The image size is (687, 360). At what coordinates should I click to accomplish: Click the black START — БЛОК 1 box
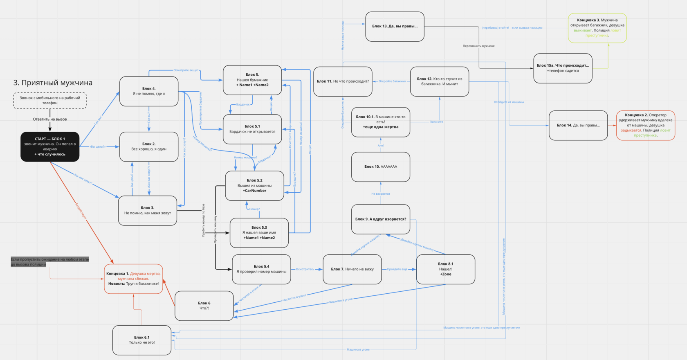[x=50, y=146]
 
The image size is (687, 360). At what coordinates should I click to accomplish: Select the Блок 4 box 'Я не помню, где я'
[x=149, y=91]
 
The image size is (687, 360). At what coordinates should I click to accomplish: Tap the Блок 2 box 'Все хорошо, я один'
[x=149, y=146]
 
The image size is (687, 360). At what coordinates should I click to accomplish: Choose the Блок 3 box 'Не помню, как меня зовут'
[x=148, y=210]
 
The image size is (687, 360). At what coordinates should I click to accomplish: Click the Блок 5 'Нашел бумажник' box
[x=252, y=80]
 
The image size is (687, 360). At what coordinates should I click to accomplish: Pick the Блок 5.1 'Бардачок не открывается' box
[x=252, y=129]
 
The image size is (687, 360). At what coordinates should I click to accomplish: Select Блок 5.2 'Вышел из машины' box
[x=254, y=185]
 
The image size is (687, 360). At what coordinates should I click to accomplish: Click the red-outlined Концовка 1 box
[x=133, y=279]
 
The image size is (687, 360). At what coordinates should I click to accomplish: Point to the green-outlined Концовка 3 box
[x=597, y=28]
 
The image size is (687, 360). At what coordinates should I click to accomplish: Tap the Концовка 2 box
[x=645, y=125]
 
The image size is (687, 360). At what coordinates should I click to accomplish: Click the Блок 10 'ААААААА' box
[x=381, y=166]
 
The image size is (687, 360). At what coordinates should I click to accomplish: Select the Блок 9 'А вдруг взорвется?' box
[x=381, y=219]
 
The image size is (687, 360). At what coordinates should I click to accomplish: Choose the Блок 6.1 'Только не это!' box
[x=142, y=340]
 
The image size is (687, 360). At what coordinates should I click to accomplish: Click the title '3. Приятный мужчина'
[x=53, y=83]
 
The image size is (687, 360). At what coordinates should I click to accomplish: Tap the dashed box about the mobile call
[x=50, y=100]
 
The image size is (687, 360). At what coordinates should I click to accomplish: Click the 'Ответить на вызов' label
[x=50, y=119]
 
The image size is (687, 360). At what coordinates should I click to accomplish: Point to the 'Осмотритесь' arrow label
[x=305, y=269]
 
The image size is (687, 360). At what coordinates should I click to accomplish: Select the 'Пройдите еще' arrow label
[x=397, y=269]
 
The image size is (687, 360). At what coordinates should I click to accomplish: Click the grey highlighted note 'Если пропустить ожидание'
[x=49, y=262]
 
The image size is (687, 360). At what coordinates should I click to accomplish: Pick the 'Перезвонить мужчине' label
[x=478, y=46]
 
